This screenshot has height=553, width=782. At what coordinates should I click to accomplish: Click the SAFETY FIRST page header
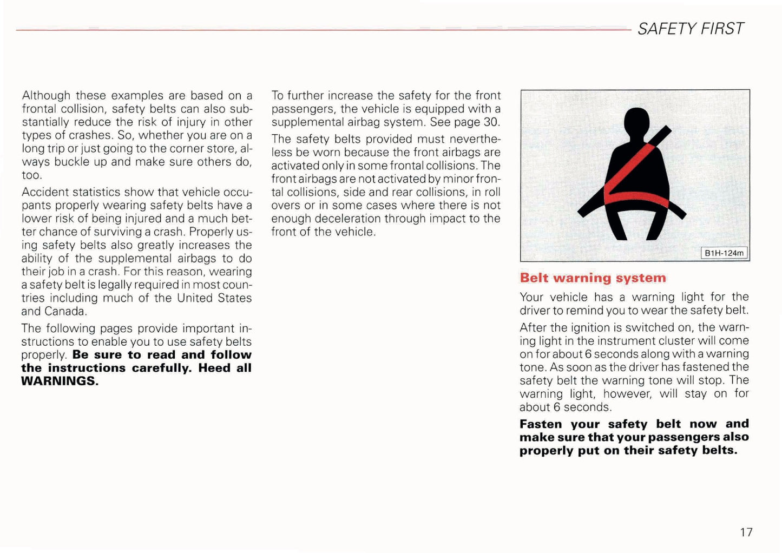coord(691,29)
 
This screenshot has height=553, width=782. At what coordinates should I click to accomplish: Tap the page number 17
coord(746,532)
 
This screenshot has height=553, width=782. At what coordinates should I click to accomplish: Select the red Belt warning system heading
coord(593,278)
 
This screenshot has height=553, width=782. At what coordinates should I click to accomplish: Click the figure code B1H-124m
coord(724,253)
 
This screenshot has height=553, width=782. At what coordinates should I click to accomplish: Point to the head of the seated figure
coord(636,122)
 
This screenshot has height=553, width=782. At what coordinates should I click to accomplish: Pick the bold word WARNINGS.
coord(60,381)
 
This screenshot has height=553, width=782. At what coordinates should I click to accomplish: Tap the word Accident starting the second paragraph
coord(45,193)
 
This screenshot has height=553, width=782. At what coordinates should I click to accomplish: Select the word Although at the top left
coord(46,96)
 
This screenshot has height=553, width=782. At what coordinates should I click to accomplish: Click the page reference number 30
coord(490,122)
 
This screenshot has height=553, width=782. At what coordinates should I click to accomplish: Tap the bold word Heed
coord(215,368)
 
